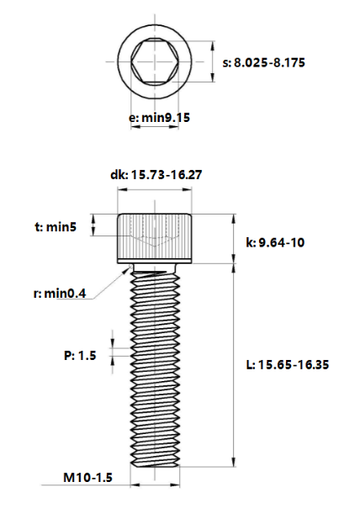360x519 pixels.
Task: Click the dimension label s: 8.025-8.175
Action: point(264,62)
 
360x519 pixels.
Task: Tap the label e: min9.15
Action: point(160,118)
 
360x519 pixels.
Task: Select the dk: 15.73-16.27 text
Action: point(156,175)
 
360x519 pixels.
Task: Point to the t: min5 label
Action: point(56,227)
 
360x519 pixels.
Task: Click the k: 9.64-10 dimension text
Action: point(275,242)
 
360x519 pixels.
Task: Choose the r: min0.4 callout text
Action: point(60,294)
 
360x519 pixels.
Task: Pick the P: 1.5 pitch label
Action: point(80,356)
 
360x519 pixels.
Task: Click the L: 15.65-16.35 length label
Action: point(288,365)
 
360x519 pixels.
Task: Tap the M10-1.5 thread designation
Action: point(87,478)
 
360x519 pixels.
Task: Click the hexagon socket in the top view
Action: point(155,62)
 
